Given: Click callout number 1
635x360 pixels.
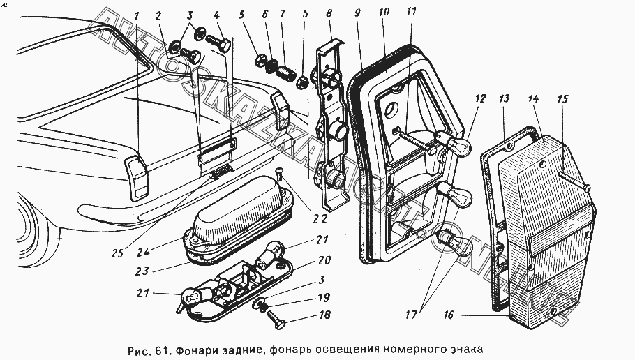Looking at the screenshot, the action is tap(137, 16).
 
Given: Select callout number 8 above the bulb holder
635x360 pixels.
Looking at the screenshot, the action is tap(329, 13).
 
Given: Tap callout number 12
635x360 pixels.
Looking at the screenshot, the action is tap(480, 98).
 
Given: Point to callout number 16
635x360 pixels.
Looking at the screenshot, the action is tap(448, 315).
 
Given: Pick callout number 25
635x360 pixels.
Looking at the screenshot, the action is tap(117, 253).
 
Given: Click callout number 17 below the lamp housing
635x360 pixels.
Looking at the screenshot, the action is tap(411, 315).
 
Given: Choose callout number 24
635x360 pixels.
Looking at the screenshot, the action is tap(143, 253).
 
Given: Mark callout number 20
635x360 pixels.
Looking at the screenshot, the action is tap(324, 260).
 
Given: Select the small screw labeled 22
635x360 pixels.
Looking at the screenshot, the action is tap(279, 174).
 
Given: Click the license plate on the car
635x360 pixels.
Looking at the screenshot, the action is tap(216, 154).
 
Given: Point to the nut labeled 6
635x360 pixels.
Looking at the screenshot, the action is tap(271, 66).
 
